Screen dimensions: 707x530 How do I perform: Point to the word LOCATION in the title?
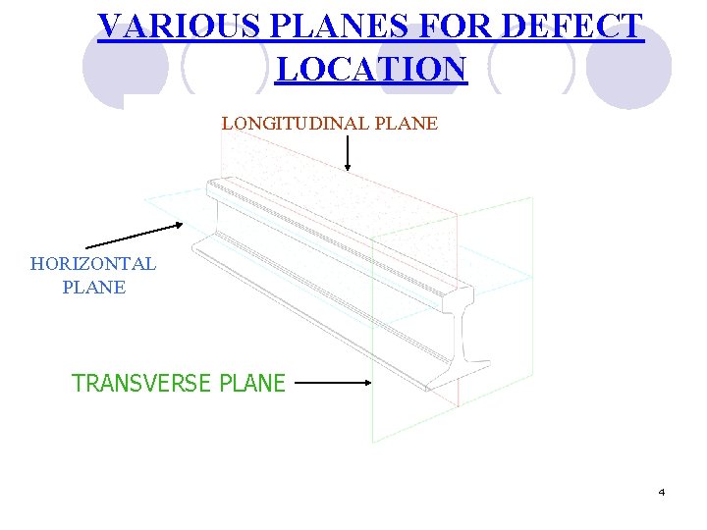point(371,70)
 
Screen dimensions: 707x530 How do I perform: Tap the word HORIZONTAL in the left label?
point(93,264)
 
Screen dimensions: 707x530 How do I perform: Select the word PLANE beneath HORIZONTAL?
point(93,288)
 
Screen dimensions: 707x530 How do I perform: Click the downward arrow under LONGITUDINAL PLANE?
point(348,152)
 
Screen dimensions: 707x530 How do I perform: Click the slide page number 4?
point(662,492)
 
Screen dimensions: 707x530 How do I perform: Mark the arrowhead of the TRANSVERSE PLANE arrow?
point(368,384)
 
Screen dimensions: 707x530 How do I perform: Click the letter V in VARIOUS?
point(110,26)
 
